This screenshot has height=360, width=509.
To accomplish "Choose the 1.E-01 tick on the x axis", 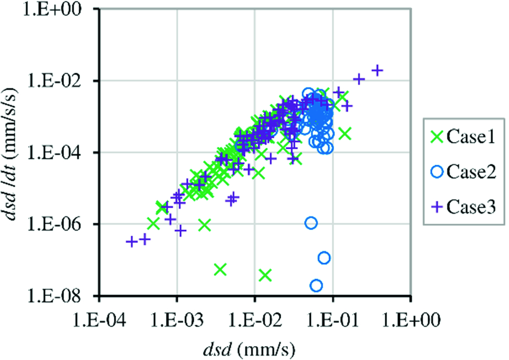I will click(x=332, y=319).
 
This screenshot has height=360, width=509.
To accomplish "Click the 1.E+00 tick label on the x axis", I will click(x=411, y=319).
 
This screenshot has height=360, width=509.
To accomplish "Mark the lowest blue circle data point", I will click(x=316, y=285).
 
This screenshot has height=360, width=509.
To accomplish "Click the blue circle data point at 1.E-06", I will click(x=311, y=222).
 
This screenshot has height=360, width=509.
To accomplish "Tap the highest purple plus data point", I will click(x=377, y=70).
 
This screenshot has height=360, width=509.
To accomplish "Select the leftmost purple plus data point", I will click(x=132, y=241).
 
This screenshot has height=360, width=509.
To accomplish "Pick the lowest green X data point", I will click(x=265, y=275).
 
